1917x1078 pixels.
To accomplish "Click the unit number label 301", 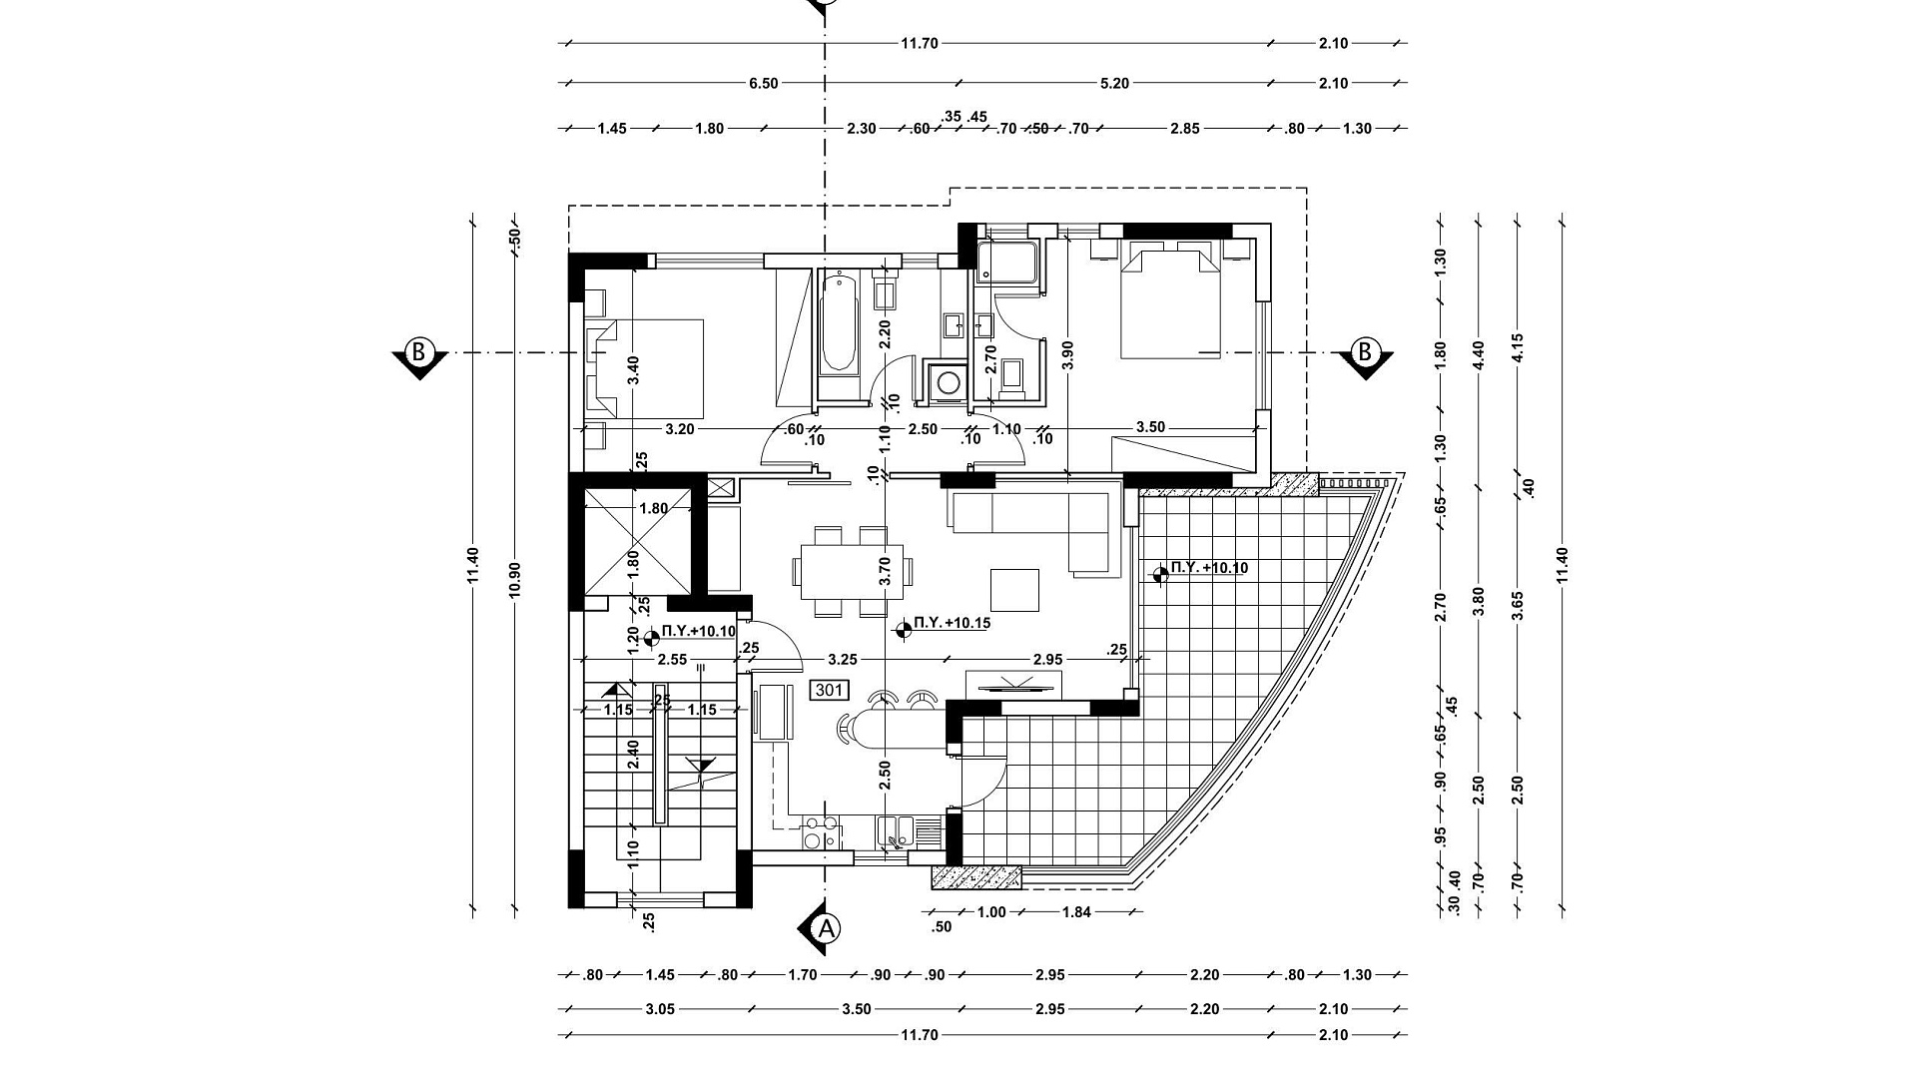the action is tap(830, 690).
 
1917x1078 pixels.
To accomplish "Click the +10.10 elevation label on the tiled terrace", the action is tap(1201, 568).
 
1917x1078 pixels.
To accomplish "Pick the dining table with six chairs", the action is tap(853, 571).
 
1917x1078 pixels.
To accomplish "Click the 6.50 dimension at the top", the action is tap(763, 84).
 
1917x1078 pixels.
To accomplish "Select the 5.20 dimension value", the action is tap(1114, 84).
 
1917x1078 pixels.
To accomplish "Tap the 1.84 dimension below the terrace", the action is tap(1076, 912).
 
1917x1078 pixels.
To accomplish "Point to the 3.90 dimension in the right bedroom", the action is tap(1067, 356).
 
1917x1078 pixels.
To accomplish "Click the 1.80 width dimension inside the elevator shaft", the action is tap(654, 508).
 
